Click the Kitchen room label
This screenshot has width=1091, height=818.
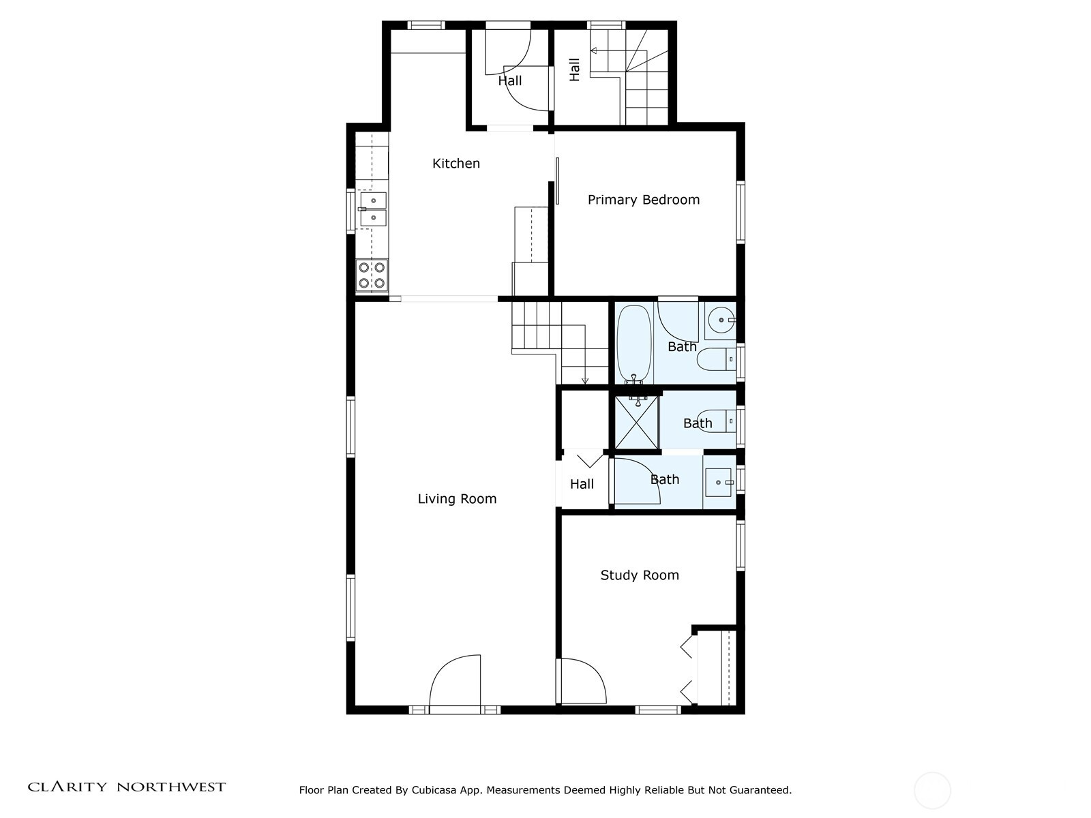456,164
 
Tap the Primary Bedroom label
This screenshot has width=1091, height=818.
643,200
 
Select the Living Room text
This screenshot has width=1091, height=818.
457,499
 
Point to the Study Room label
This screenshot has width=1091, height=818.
639,575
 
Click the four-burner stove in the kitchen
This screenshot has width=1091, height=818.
372,275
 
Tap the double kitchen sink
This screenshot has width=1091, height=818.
373,209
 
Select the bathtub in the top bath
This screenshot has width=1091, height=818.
634,344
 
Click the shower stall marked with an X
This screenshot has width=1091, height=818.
637,421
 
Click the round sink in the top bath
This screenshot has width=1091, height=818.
721,320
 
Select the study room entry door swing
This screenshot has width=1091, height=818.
582,680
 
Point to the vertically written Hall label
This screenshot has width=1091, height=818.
575,70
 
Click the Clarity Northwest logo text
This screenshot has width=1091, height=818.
126,787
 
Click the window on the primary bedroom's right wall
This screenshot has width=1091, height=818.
741,212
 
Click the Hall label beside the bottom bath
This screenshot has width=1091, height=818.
582,485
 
